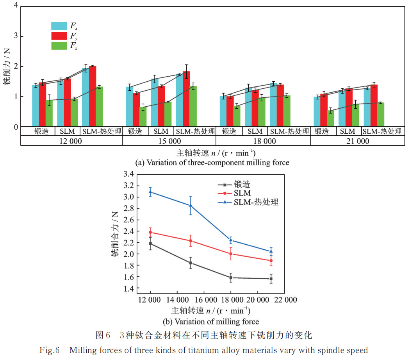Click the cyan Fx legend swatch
(59, 26)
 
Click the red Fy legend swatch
(59, 36)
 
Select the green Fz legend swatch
(59, 46)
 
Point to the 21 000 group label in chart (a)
(358, 141)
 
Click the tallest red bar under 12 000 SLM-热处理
(93, 96)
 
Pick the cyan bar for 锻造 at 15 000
(130, 106)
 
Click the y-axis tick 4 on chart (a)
(16, 6)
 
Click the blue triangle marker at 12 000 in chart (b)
(150, 192)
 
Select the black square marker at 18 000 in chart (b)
(231, 278)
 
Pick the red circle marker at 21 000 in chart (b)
(271, 260)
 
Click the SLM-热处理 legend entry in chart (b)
(256, 202)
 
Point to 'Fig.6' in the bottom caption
(49, 350)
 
